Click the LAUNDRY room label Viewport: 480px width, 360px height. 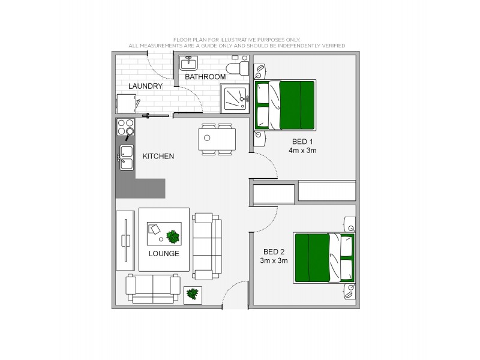pyautogui.click(x=145, y=86)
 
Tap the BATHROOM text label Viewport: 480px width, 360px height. pyautogui.click(x=205, y=77)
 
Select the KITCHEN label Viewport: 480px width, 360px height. pyautogui.click(x=158, y=157)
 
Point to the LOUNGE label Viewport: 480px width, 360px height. pyautogui.click(x=164, y=253)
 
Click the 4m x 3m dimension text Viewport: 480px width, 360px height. pyautogui.click(x=302, y=151)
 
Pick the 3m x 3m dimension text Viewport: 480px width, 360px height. pyautogui.click(x=274, y=260)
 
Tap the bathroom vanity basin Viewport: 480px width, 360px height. pyautogui.click(x=188, y=62)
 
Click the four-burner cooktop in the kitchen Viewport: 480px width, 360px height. pyautogui.click(x=125, y=127)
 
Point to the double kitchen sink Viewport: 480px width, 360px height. pyautogui.click(x=125, y=157)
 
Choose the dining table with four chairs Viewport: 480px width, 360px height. pyautogui.click(x=217, y=139)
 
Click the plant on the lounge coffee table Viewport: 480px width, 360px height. pyautogui.click(x=173, y=236)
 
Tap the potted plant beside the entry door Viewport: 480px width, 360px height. pyautogui.click(x=193, y=294)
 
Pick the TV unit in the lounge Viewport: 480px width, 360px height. pyautogui.click(x=125, y=240)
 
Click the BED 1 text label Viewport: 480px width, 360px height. pyautogui.click(x=302, y=142)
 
